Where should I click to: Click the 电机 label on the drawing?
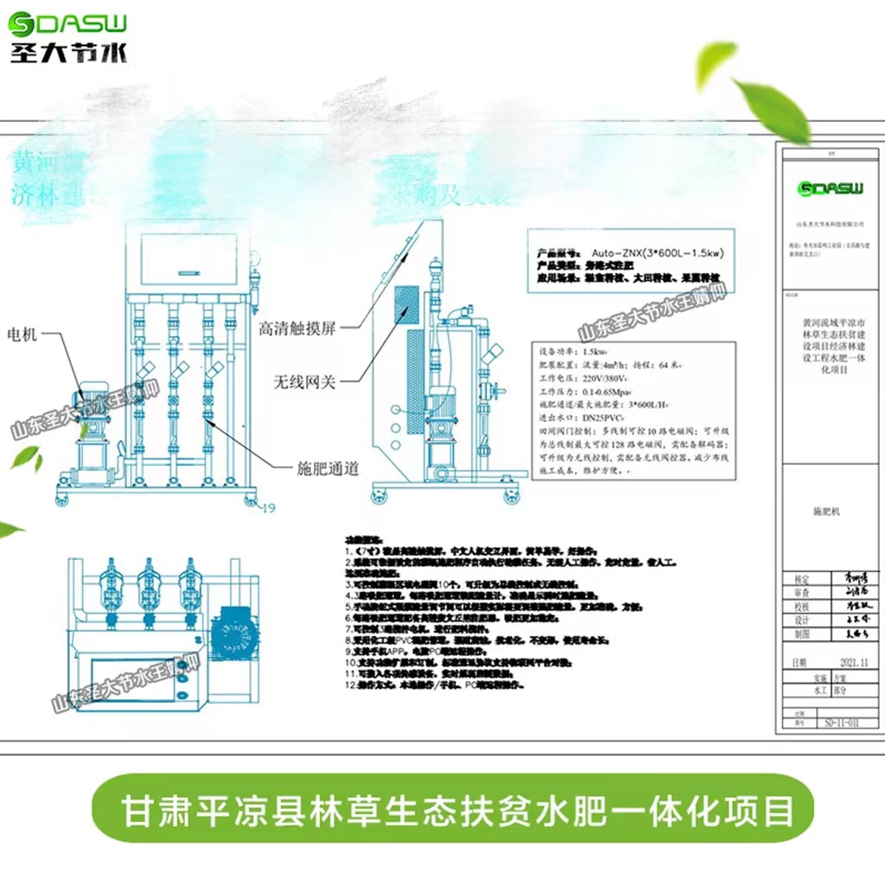(22, 334)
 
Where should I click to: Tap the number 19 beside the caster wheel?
(267, 507)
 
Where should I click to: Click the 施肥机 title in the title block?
(826, 512)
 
